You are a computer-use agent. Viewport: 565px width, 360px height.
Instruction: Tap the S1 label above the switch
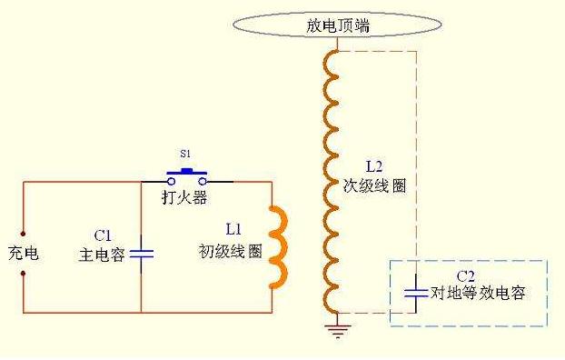click(185, 155)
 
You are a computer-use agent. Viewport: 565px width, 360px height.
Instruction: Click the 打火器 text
click(185, 195)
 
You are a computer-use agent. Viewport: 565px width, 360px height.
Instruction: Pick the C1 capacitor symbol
click(142, 251)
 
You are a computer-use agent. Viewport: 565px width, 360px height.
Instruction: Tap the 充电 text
click(23, 253)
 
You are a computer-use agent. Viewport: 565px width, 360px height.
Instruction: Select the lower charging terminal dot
click(23, 271)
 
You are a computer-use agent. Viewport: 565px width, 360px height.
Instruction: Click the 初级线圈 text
click(231, 252)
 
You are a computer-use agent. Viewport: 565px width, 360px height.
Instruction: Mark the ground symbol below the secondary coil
click(337, 328)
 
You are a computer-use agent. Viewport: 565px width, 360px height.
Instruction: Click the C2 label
click(466, 275)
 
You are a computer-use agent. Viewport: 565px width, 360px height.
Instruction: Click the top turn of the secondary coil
click(331, 60)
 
